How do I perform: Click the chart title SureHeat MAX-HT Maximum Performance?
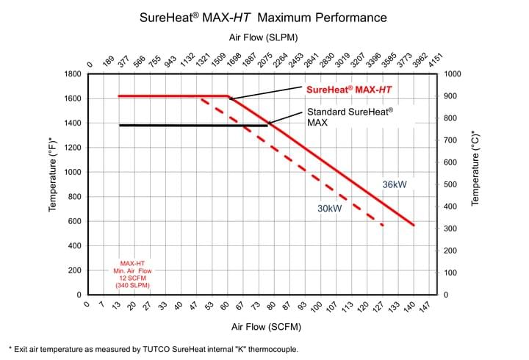(x=263, y=16)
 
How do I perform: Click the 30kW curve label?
(x=330, y=209)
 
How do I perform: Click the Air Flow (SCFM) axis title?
(x=265, y=326)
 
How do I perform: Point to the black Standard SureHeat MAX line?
(x=184, y=126)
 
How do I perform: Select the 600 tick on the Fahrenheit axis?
(x=72, y=221)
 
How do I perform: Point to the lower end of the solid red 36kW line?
(x=414, y=225)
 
